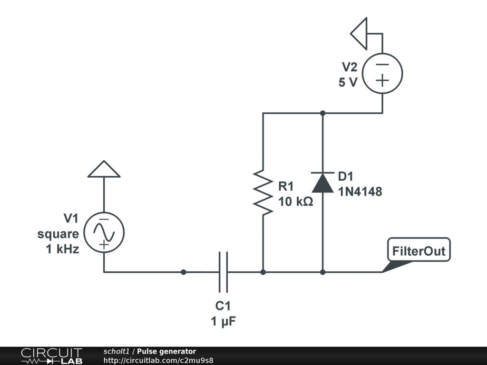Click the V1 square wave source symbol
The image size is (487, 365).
pos(104,232)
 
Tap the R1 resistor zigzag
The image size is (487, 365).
pos(263,192)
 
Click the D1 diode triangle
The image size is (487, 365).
pos(323,182)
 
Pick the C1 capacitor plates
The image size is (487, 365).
pos(224,272)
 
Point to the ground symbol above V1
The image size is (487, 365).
pos(104,169)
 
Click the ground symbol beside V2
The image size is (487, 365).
pos(359,34)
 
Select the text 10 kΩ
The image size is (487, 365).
pos(296,202)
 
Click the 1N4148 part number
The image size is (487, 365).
pos(360,192)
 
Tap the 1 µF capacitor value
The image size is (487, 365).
pos(224,321)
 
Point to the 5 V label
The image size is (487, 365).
pos(348,82)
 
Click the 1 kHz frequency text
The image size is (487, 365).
pos(62,249)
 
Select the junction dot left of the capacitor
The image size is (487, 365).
pos(184,272)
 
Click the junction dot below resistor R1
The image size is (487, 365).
pos(263,272)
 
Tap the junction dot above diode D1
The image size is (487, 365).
pos(323,113)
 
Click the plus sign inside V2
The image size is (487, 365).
pos(382,81)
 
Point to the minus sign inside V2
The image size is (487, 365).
pos(382,65)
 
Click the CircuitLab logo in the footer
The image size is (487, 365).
pos(51,356)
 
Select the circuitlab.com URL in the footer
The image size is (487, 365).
pos(158,361)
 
